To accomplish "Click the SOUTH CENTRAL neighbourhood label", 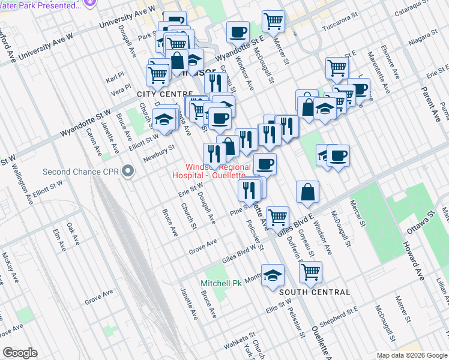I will coord(314,292).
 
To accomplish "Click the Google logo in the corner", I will coord(20,353).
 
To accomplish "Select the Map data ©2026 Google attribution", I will coord(412,355).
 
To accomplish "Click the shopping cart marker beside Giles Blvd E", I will coord(277,217).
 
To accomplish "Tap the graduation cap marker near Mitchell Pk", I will coord(273,274).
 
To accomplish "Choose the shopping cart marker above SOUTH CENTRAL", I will coord(310,271).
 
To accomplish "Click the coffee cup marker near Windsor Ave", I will coord(238,31).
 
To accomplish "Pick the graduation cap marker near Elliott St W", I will coord(163,121).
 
